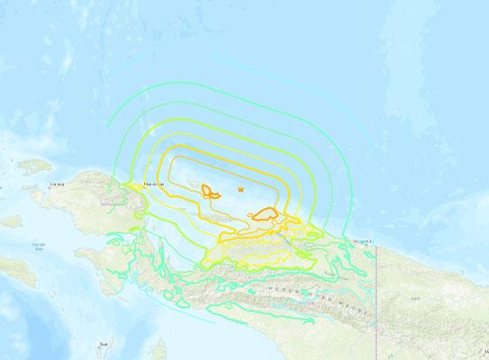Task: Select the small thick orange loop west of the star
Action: click(212, 191)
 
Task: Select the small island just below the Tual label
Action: click(107, 353)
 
